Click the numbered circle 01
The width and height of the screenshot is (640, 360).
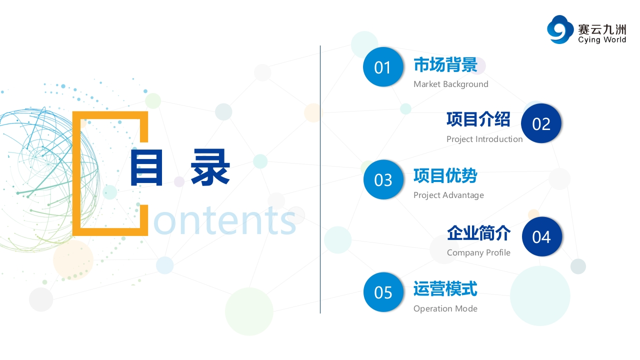pos(383,67)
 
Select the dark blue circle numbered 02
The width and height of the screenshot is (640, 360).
pos(541,123)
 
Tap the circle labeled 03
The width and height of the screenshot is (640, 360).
pos(383,179)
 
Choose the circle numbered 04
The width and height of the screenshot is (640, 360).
pos(541,236)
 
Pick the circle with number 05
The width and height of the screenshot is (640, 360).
pos(383,292)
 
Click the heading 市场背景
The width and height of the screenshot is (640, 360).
pos(445,64)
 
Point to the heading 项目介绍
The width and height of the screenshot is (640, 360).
pos(478,119)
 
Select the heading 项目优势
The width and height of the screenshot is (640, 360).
pos(445,175)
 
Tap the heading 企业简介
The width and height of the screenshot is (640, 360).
pos(479,233)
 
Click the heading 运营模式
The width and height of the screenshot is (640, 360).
pos(445,288)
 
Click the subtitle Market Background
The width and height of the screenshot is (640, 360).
pos(451,84)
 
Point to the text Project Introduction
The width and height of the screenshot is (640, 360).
pos(484,139)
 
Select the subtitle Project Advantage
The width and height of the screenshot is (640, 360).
pos(448,195)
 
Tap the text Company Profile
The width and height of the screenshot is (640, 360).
pos(478,252)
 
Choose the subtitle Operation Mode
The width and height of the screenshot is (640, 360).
pos(445,308)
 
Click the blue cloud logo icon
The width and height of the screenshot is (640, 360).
pos(560,29)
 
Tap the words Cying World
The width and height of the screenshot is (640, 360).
pos(602,39)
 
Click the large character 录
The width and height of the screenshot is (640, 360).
pos(210,167)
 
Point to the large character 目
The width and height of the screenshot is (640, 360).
pos(146,167)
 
